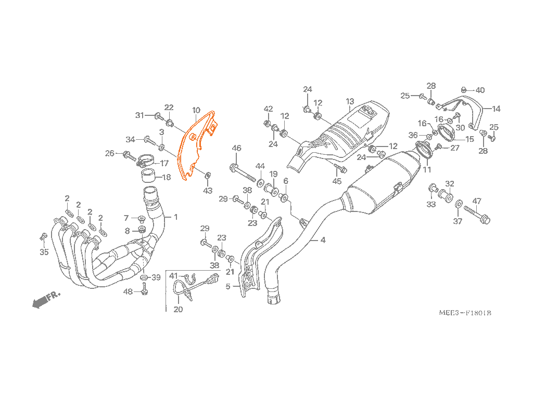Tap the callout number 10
196,110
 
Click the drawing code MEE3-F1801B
465,313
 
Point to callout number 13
350,101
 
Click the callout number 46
236,149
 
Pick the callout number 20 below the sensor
178,310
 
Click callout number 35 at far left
44,252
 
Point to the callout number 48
128,291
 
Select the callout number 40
480,90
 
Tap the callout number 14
496,109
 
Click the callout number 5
228,286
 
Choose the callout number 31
139,115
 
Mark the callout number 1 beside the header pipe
175,217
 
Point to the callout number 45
337,181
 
